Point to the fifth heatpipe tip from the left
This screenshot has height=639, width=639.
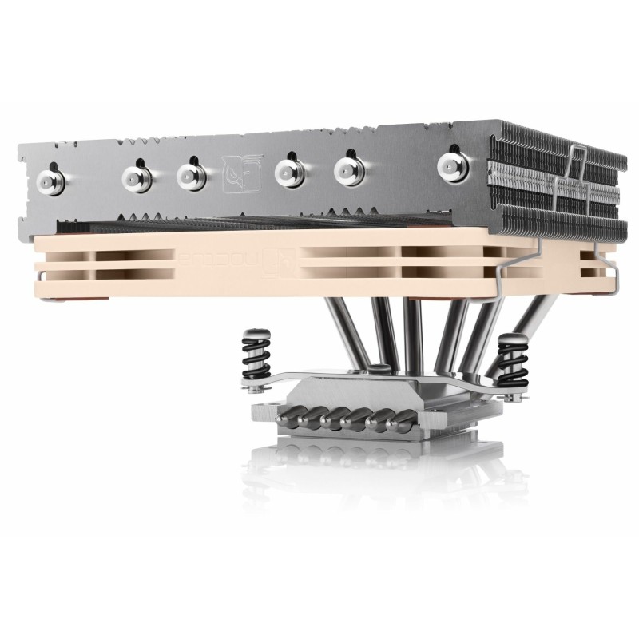347,169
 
